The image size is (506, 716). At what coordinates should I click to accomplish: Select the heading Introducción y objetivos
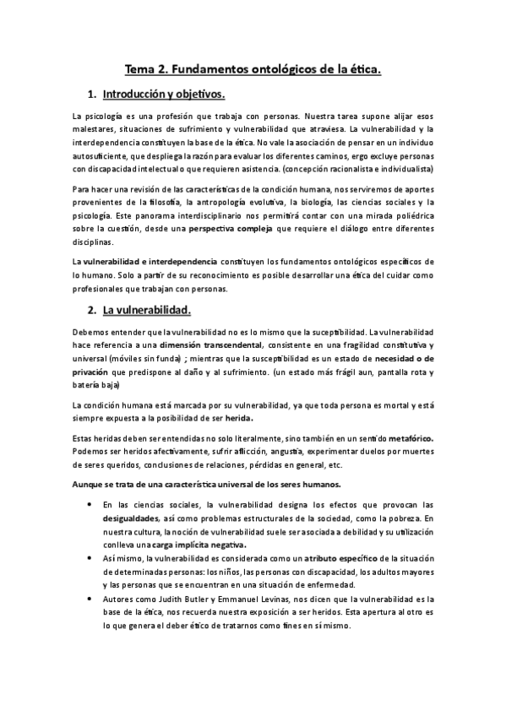tap(162, 93)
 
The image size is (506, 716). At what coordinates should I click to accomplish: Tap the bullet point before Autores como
tap(89, 598)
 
